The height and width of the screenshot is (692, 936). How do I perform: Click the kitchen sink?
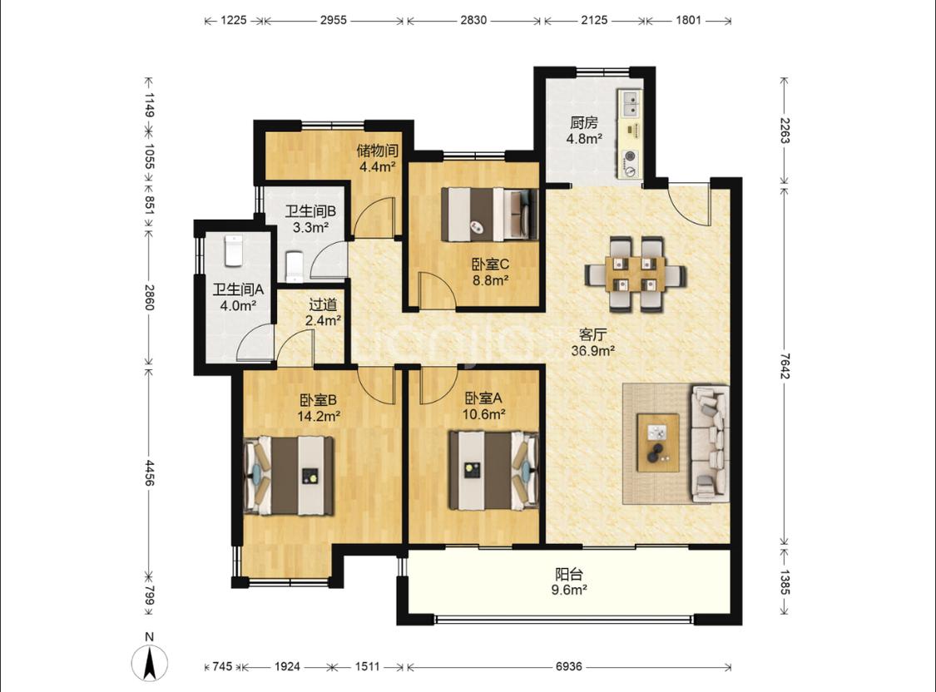click(x=630, y=103)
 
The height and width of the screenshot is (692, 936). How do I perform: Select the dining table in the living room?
click(x=635, y=274)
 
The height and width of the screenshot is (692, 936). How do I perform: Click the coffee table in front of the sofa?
click(x=658, y=442)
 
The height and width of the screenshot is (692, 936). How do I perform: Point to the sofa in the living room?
click(x=711, y=443)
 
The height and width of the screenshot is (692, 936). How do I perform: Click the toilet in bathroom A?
click(x=232, y=251)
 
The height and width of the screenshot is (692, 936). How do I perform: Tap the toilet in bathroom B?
click(x=295, y=266)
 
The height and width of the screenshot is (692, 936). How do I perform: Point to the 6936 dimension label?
click(x=568, y=666)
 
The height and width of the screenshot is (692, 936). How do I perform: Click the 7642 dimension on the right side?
click(x=785, y=366)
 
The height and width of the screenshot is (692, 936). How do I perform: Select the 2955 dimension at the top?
click(x=333, y=20)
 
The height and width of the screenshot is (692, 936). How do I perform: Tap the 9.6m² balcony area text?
click(x=568, y=590)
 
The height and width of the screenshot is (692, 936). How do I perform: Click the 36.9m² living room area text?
click(x=592, y=351)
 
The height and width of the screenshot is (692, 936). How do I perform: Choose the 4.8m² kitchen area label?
click(x=584, y=139)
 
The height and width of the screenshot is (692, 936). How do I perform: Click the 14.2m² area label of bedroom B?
click(x=319, y=416)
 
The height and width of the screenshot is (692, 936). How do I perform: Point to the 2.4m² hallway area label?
click(x=323, y=320)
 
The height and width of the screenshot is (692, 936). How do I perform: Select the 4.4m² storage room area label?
click(x=377, y=166)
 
